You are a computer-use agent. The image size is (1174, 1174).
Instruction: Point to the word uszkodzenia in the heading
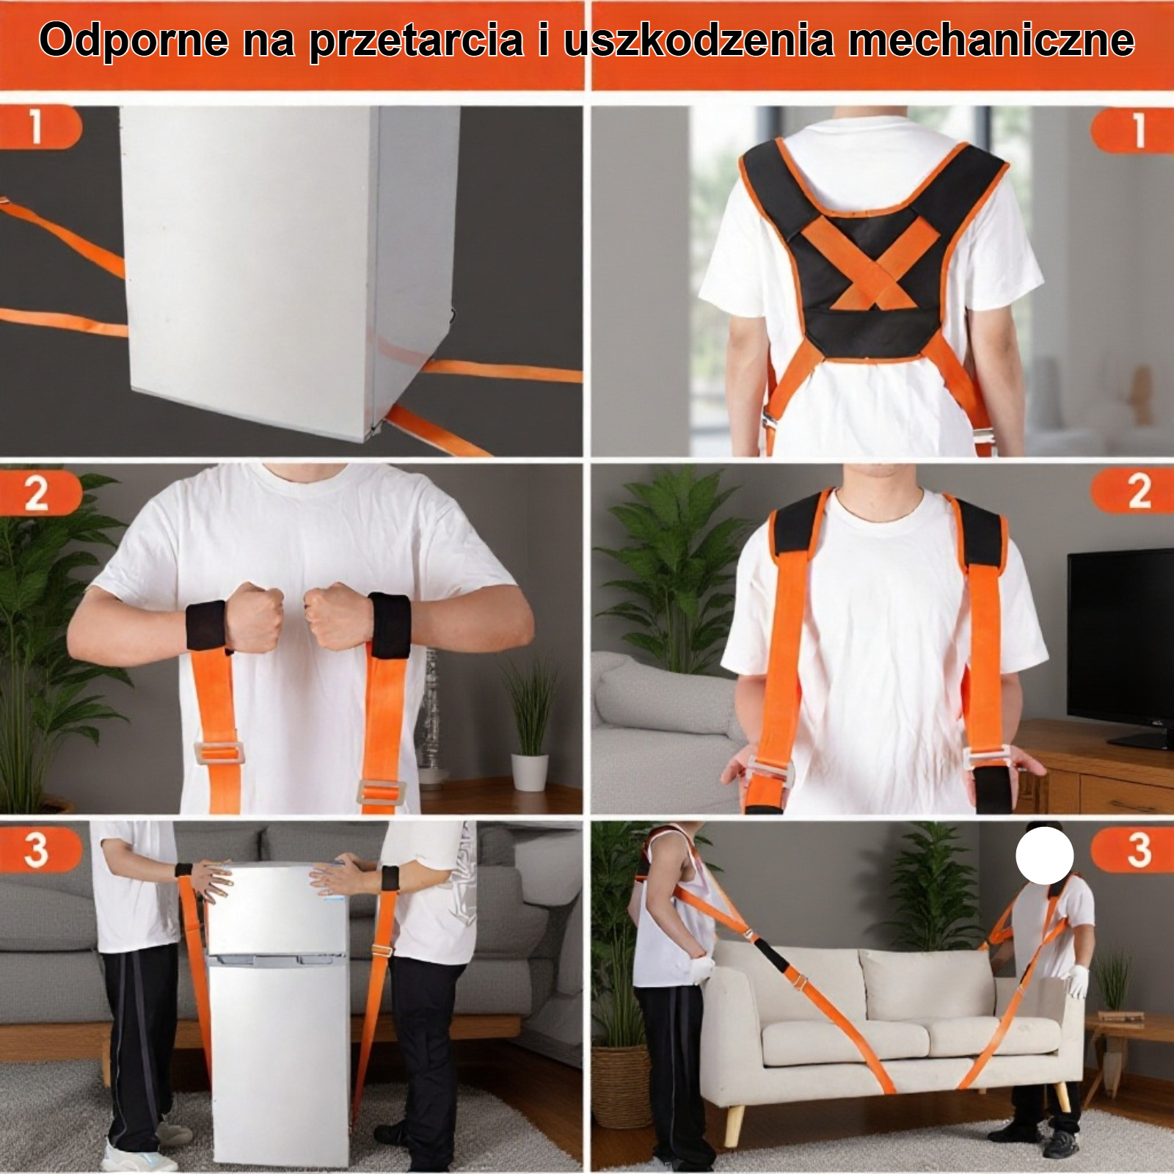(698, 40)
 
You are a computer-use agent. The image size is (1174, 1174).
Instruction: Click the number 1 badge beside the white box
(37, 126)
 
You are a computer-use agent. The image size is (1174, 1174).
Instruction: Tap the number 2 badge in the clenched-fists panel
(37, 492)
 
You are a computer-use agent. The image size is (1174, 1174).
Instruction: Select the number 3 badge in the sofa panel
(1137, 850)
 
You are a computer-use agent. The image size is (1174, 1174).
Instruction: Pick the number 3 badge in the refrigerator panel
(37, 850)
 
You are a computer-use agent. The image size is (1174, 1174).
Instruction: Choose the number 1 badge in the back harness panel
(1137, 131)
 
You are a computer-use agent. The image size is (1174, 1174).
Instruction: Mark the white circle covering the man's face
(1044, 855)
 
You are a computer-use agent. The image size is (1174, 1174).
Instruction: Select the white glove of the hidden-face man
(1076, 981)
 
